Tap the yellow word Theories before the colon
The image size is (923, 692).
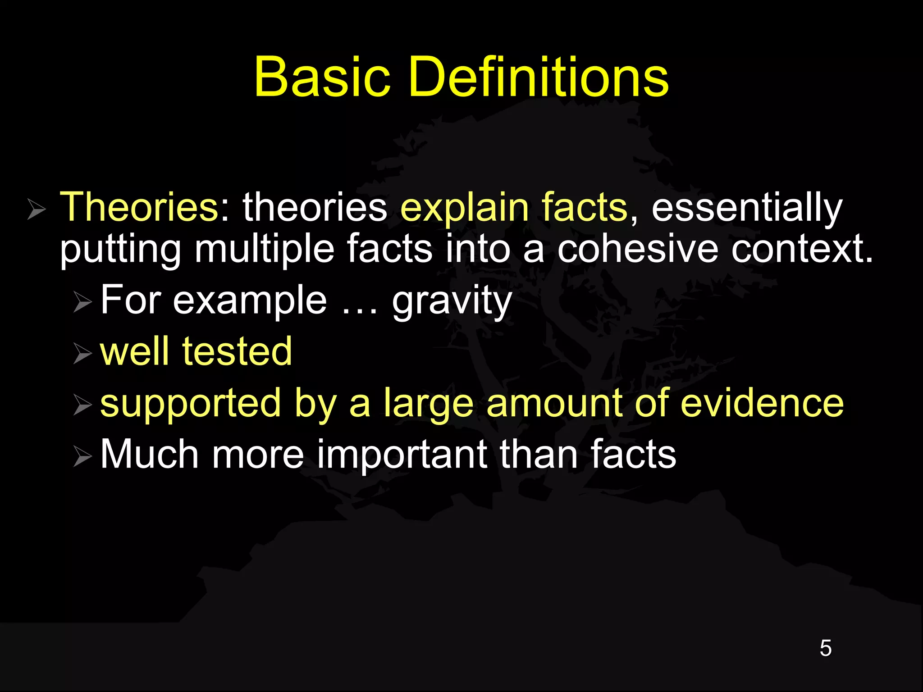(139, 207)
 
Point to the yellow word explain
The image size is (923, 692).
(465, 208)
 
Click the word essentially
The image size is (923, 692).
(746, 208)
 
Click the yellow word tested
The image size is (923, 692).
(237, 351)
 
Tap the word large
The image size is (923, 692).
(429, 404)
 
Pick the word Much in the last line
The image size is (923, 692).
(149, 454)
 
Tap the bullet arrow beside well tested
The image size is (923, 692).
(82, 354)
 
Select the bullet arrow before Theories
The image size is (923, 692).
(36, 209)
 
